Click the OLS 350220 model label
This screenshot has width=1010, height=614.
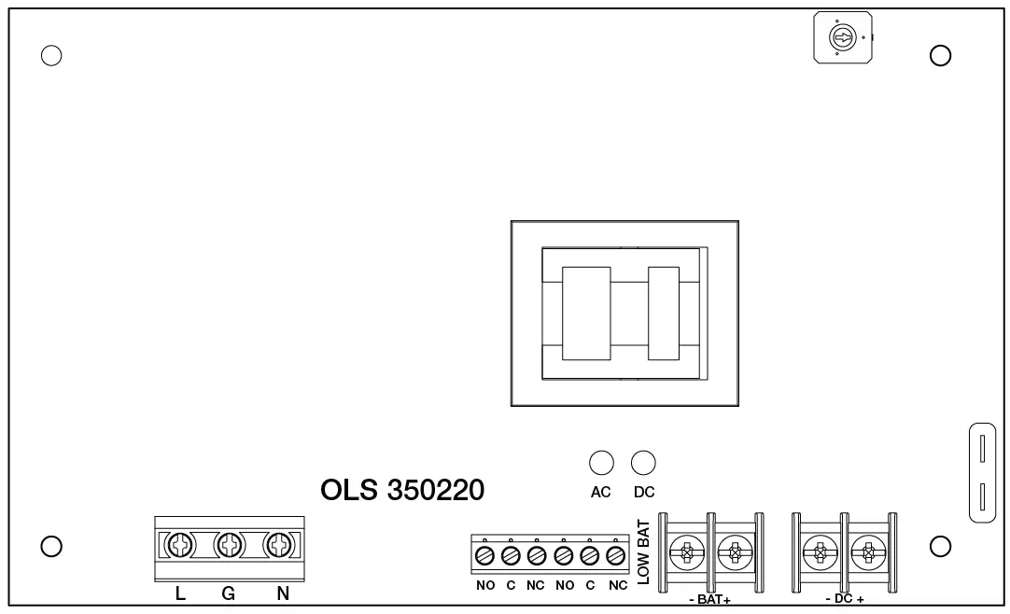click(402, 491)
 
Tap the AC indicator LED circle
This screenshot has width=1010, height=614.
click(600, 461)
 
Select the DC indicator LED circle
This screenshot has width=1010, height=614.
click(643, 461)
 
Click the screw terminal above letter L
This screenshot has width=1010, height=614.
click(180, 543)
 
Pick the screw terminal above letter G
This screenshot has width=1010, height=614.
click(229, 543)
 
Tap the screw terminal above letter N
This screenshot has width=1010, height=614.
click(278, 543)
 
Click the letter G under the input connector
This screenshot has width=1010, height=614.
click(228, 593)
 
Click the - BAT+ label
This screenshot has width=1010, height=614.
click(710, 597)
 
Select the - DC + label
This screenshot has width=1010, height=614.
click(845, 597)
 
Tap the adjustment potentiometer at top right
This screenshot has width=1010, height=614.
click(841, 38)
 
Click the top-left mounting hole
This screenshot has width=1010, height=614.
click(52, 55)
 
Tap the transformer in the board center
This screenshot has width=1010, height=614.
click(624, 314)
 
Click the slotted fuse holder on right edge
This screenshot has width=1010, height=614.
click(983, 471)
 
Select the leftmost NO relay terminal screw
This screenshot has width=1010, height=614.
click(484, 556)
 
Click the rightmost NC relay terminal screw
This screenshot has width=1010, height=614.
click(615, 556)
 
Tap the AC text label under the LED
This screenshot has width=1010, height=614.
click(600, 493)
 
